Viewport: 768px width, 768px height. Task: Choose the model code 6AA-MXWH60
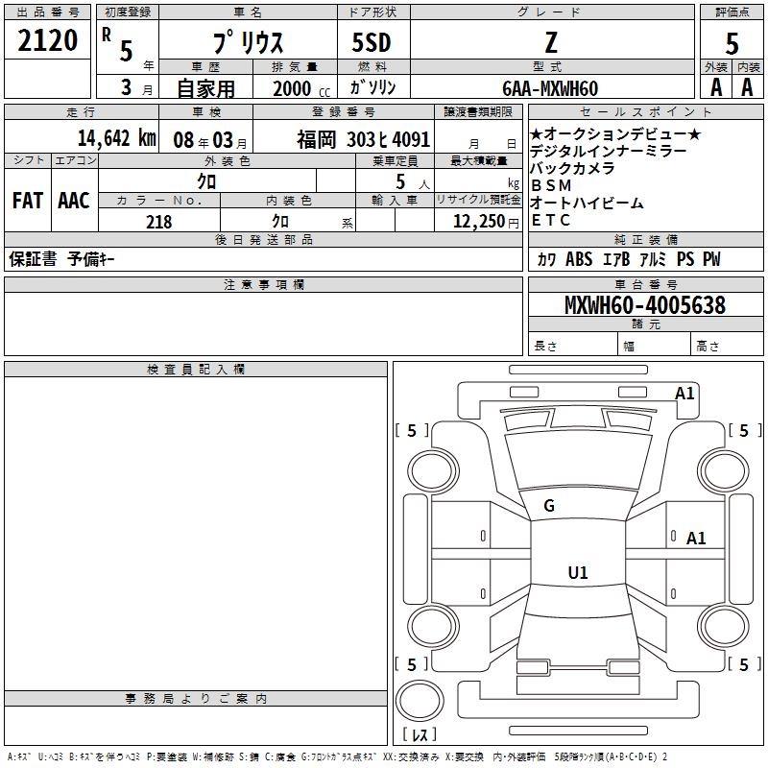550,88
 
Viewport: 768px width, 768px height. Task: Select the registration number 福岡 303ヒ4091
363,138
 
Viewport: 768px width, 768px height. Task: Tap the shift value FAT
27,200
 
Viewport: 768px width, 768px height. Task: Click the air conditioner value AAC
74,200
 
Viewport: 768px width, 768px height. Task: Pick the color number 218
158,222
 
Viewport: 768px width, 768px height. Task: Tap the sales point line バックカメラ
572,169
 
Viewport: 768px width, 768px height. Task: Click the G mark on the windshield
549,506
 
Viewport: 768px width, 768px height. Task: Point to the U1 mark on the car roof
577,573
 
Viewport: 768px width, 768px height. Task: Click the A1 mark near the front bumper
684,393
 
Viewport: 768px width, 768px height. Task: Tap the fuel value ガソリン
373,88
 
